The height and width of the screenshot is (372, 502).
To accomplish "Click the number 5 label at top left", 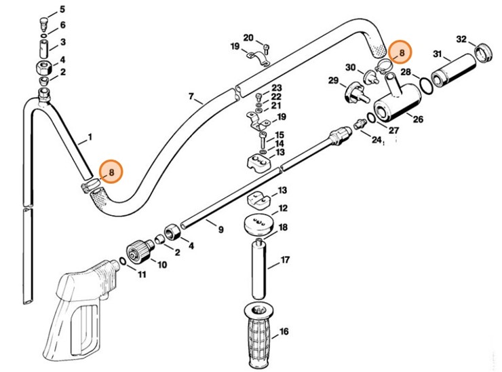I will coord(62,10).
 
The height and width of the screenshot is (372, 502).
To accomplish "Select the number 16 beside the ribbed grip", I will coord(284,331).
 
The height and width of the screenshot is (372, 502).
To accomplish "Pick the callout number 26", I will coord(418,119).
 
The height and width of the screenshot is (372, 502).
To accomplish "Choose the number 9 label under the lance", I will coord(220,229).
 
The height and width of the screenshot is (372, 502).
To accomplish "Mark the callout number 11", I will coord(142,274).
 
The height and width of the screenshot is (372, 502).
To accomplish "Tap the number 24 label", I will coord(377,139).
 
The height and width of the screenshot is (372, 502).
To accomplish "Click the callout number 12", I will coord(284,208).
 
